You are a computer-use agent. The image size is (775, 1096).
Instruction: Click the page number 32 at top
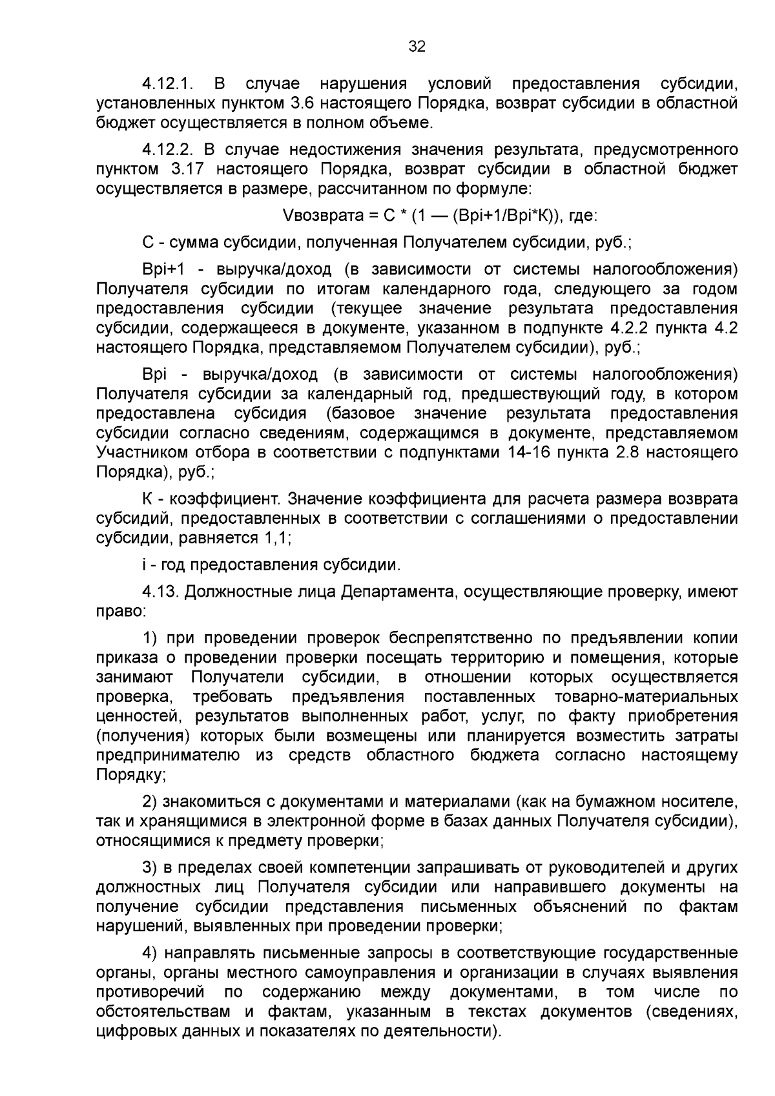pyautogui.click(x=417, y=47)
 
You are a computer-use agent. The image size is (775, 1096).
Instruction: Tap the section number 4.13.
pyautogui.click(x=161, y=592)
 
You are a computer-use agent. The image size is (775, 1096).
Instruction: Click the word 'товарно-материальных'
pyautogui.click(x=646, y=698)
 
